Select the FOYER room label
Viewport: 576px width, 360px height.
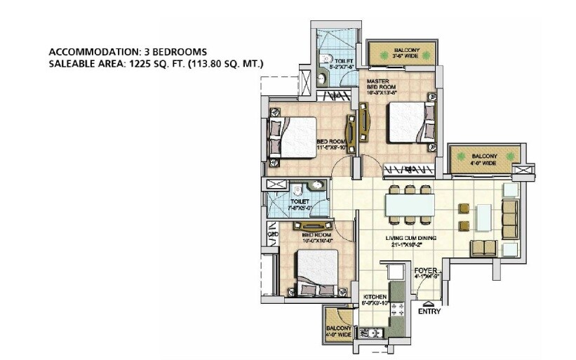tap(425, 269)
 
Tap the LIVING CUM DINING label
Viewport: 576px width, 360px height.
tap(410, 239)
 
